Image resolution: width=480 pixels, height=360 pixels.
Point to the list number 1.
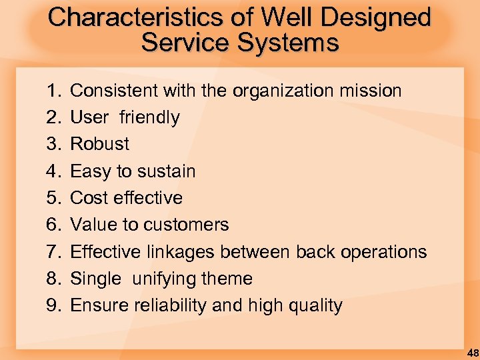pyautogui.click(x=53, y=91)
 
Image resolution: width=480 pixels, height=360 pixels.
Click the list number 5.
pyautogui.click(x=53, y=198)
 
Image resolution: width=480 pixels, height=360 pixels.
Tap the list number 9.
pyautogui.click(x=53, y=305)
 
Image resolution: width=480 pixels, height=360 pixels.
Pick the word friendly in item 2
pyautogui.click(x=149, y=118)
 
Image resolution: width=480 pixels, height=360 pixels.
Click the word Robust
pyautogui.click(x=100, y=144)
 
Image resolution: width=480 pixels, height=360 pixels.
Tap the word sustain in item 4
pyautogui.click(x=167, y=171)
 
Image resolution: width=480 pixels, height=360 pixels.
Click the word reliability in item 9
pyautogui.click(x=170, y=305)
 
